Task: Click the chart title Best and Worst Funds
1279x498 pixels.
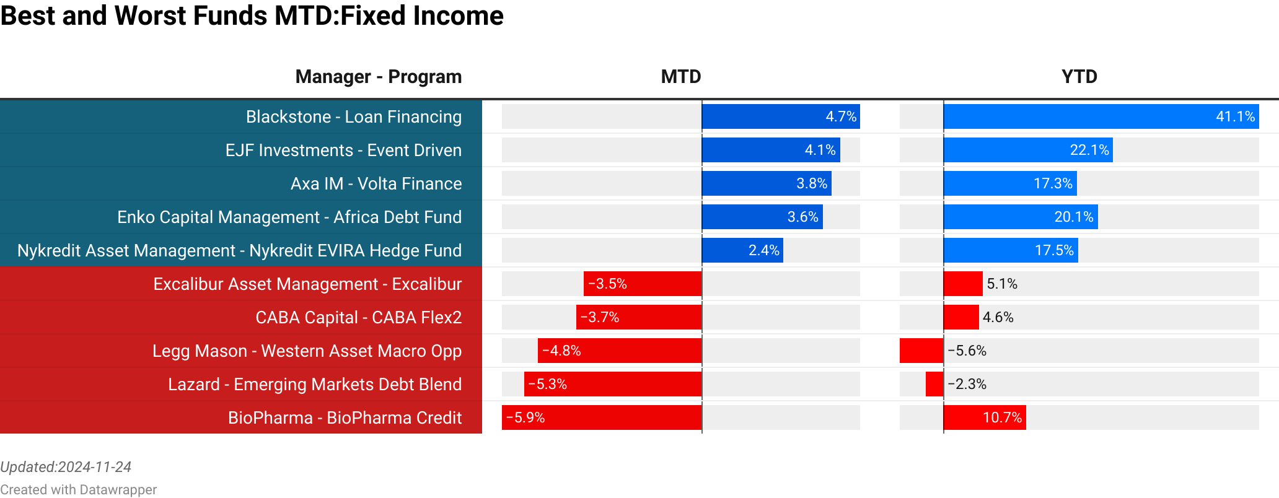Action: click(252, 16)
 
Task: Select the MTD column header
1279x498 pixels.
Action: click(680, 77)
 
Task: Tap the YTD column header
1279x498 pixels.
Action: click(1079, 77)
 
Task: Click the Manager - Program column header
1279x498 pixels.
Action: click(378, 77)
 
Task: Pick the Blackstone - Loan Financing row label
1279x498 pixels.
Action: click(353, 116)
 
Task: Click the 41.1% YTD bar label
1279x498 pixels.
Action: click(1235, 116)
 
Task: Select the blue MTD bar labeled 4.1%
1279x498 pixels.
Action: click(771, 150)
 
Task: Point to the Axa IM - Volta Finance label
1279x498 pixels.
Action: click(376, 183)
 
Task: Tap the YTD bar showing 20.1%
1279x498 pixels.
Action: click(1021, 217)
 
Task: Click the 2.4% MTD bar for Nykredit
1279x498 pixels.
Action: click(742, 250)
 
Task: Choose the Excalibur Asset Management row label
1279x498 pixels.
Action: click(307, 284)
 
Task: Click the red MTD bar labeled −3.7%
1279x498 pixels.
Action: click(638, 317)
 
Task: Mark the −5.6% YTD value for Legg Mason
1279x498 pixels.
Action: click(967, 351)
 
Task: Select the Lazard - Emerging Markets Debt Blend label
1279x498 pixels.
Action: click(315, 384)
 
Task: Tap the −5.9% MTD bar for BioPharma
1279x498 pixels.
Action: click(601, 417)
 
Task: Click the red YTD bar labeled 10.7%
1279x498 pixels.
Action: click(985, 417)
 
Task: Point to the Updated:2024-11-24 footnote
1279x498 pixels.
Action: click(66, 467)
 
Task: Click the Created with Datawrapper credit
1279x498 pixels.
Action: click(78, 490)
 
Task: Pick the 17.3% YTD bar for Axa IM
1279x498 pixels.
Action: click(1010, 183)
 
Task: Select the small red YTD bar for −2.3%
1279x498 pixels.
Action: click(934, 384)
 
